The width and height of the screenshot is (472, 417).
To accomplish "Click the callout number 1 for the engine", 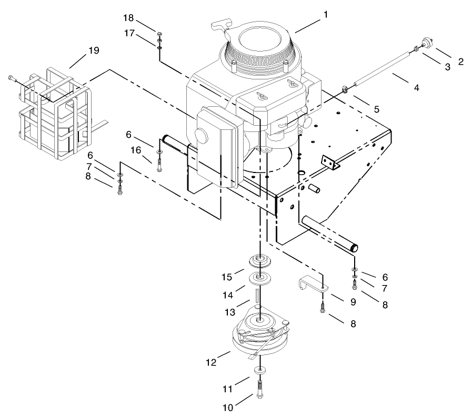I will (x=326, y=14).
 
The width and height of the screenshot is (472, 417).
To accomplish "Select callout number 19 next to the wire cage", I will (x=94, y=50).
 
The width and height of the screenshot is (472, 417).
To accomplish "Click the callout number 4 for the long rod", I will (x=416, y=88).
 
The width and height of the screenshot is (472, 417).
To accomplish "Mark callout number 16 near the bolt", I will (x=136, y=150).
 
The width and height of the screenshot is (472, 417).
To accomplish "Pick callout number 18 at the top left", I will (x=129, y=18).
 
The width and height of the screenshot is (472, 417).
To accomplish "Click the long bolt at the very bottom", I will (x=261, y=390).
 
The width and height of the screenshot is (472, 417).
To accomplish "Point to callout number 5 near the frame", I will (x=376, y=109).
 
